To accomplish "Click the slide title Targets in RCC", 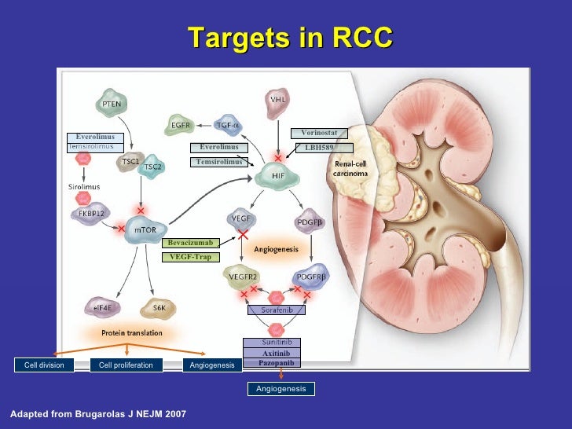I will click(290, 37).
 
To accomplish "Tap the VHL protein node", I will click(278, 101).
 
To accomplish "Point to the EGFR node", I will click(182, 124).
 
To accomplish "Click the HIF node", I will click(278, 175).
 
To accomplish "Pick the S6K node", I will click(158, 308).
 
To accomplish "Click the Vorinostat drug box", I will click(319, 133).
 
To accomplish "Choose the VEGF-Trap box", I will click(190, 257).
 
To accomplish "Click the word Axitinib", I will click(277, 354).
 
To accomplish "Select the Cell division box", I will click(44, 365).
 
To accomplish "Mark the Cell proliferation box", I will click(126, 365).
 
